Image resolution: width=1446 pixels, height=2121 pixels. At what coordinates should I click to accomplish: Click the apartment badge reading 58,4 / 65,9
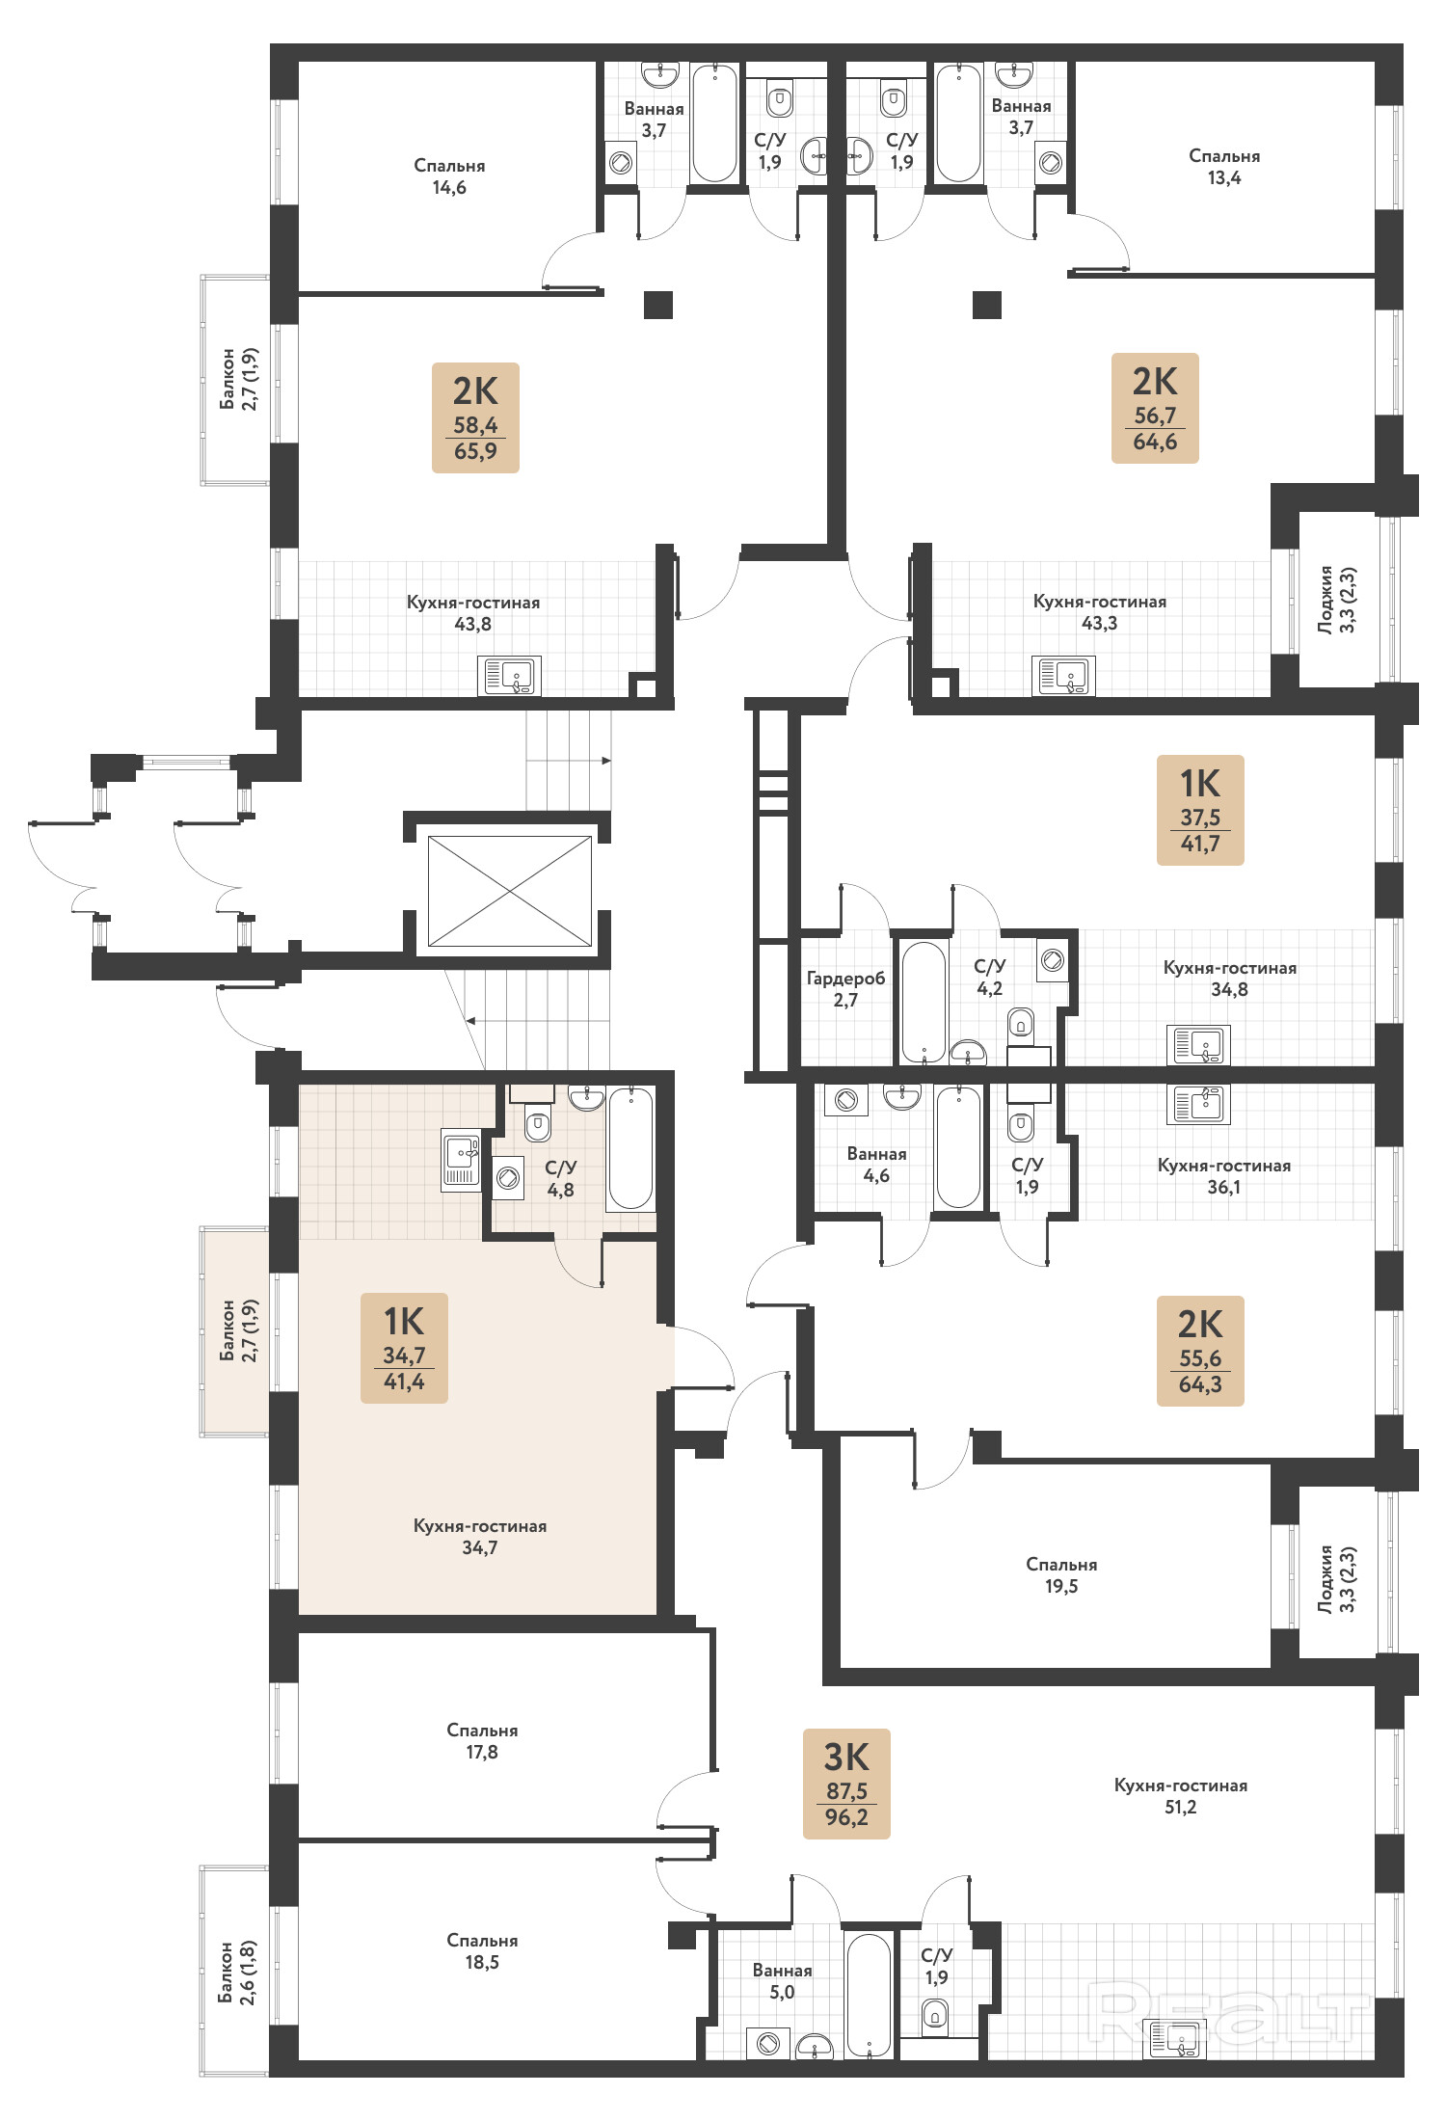coord(475,417)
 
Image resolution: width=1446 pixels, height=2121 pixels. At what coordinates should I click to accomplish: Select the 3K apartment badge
coord(846,1784)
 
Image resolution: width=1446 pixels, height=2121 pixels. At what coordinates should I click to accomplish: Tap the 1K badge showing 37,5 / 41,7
coord(1200,810)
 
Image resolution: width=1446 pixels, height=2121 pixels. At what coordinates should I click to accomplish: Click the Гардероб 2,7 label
coord(845,989)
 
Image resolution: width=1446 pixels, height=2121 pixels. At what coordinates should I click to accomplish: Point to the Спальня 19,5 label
coord(1061,1574)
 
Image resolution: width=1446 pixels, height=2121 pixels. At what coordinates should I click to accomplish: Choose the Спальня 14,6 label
coord(449,176)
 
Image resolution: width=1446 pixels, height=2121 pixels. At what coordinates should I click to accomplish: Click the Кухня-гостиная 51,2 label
coord(1181,1795)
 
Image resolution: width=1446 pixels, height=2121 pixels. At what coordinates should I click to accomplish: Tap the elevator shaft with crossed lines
coord(510,891)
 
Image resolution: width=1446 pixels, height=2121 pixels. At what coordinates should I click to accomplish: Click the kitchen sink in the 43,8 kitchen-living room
coord(510,676)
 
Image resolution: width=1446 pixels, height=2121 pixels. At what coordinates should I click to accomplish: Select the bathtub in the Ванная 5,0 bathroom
coord(869,1995)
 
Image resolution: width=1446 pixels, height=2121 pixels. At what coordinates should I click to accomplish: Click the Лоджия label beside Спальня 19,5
coord(1337,1578)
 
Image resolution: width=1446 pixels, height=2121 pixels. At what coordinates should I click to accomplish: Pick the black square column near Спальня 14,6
coord(658,305)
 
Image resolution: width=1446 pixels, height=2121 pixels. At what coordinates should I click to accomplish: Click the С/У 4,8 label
coord(560,1178)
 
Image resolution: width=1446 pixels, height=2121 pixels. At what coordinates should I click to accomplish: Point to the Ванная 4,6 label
coord(876,1165)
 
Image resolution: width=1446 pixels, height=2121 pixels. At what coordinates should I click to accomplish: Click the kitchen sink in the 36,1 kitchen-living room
coord(1198,1104)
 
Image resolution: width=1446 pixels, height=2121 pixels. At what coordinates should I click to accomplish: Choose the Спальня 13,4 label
coord(1224,167)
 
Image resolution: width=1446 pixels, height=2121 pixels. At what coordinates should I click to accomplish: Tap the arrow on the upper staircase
coord(569,761)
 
